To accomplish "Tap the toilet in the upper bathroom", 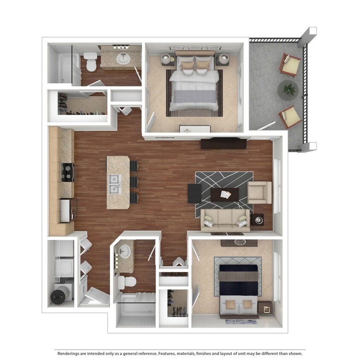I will click(90, 61).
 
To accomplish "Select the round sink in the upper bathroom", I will click(124, 59).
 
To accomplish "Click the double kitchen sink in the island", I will click(114, 184).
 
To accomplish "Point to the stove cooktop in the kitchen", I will click(67, 172).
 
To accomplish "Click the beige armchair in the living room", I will click(259, 192).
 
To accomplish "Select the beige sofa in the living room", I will click(225, 220).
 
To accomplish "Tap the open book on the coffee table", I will click(226, 195).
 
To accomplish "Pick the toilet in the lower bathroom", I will click(127, 281).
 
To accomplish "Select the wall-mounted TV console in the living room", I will click(223, 143).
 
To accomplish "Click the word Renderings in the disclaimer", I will click(70, 353).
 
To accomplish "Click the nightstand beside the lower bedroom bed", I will click(264, 308).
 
